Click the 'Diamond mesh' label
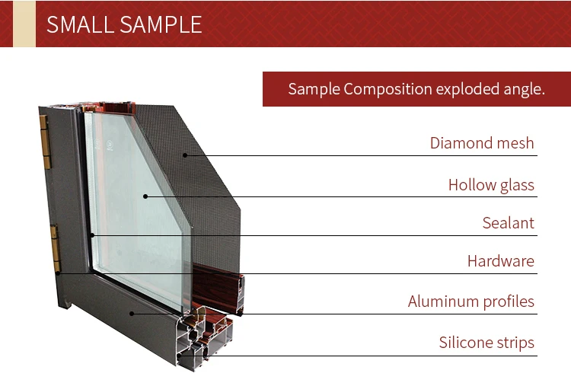click(482, 143)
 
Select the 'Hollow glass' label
click(491, 185)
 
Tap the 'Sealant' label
click(509, 223)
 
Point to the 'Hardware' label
click(501, 261)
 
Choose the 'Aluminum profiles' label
click(471, 302)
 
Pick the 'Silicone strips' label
click(486, 343)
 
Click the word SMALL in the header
click(80, 25)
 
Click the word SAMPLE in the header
click(161, 25)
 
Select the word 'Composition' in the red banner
click(388, 90)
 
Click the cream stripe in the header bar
click(24, 24)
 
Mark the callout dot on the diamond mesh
click(185, 155)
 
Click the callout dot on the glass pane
click(145, 196)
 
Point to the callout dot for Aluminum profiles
click(132, 314)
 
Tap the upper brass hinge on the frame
click(45, 142)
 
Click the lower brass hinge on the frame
click(56, 248)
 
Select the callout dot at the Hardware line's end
click(58, 273)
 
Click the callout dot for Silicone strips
click(179, 356)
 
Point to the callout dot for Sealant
click(92, 235)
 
